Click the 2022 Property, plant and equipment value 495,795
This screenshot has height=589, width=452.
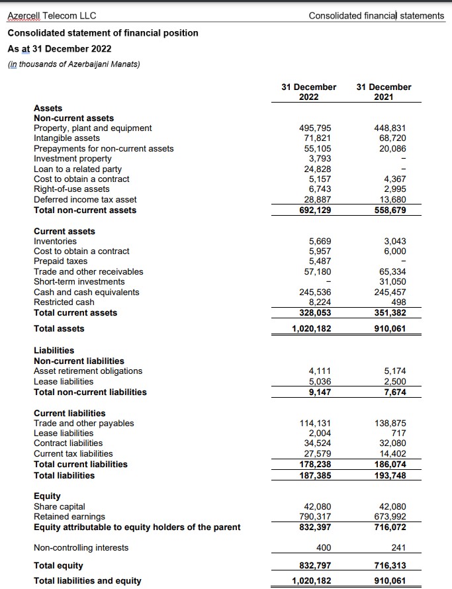pos(316,128)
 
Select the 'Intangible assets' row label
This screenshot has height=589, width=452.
pos(67,138)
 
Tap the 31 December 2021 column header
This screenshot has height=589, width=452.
pos(383,91)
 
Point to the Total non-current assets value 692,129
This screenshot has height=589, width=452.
pos(315,210)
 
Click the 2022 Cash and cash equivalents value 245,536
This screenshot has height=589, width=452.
pos(315,292)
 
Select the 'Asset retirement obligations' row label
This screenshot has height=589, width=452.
pos(88,371)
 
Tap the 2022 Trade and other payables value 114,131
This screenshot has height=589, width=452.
pos(316,424)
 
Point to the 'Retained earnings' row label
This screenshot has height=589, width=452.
pos(69,516)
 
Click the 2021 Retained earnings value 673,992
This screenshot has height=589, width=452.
pos(390,516)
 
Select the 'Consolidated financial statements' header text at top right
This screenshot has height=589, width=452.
pos(377,15)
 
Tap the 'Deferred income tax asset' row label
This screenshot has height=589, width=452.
pos(85,199)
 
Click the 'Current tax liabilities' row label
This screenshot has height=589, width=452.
pos(73,453)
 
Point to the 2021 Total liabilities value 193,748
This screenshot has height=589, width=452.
pos(390,475)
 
